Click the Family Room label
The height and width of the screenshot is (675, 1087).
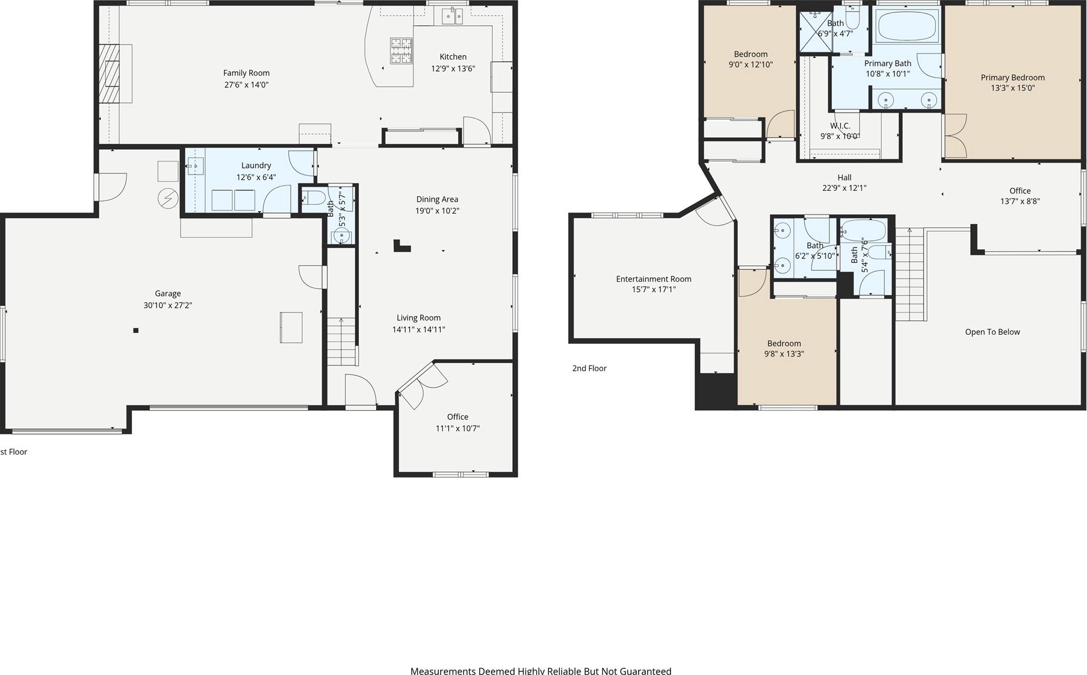(x=246, y=73)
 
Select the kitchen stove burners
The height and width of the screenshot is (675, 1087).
(x=401, y=51)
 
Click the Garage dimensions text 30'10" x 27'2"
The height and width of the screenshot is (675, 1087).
(x=168, y=305)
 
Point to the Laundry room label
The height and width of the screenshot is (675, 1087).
(x=256, y=166)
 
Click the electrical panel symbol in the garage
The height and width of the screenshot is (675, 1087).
(x=168, y=199)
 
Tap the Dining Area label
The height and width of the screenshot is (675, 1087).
(x=437, y=199)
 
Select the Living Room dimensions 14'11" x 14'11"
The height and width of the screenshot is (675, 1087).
(x=419, y=329)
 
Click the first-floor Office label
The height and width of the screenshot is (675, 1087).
(x=457, y=417)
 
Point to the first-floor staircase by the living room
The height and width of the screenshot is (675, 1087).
(x=342, y=341)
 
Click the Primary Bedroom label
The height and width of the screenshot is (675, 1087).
(x=1013, y=78)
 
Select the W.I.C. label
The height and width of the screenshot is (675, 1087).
(x=840, y=126)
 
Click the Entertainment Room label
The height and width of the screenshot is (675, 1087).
(x=654, y=279)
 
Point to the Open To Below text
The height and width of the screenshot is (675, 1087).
(x=993, y=332)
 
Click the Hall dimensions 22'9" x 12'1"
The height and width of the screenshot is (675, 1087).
(x=844, y=188)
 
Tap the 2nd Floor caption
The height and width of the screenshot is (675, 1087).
(x=589, y=369)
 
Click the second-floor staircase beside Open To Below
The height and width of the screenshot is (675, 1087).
(x=911, y=275)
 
